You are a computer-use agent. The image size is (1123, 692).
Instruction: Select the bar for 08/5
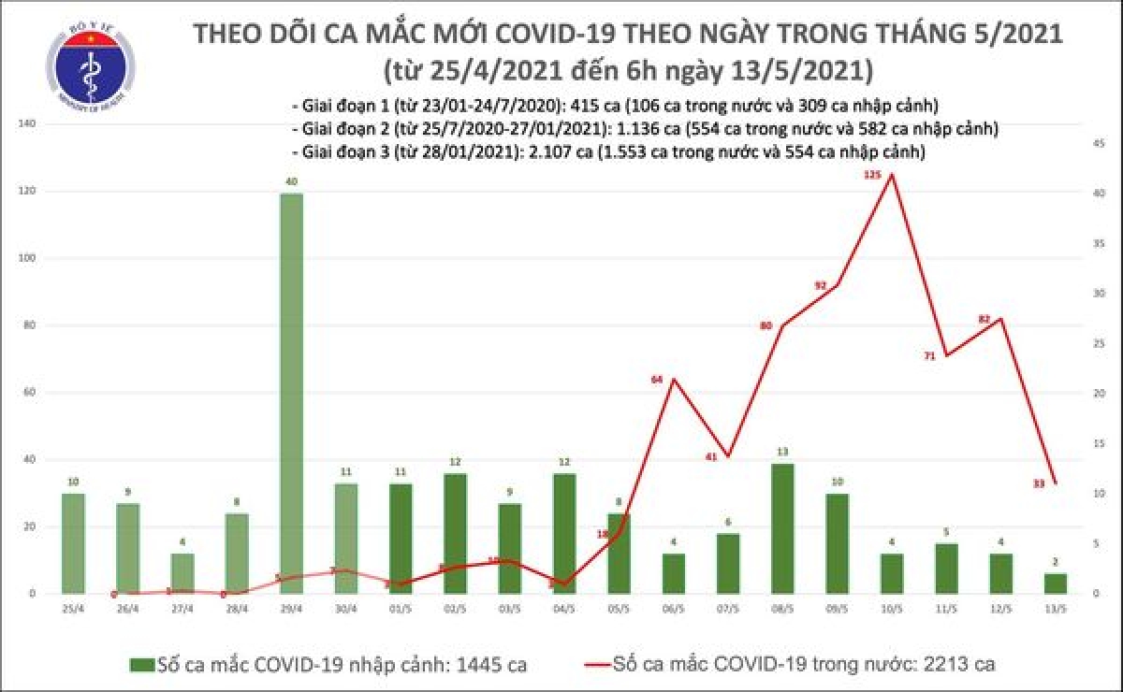coord(784,529)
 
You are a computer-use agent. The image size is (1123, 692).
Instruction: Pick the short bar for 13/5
coord(1055,584)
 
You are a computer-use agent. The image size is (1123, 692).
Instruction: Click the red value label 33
coord(1039,483)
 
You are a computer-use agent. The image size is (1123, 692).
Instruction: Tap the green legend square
coord(141,665)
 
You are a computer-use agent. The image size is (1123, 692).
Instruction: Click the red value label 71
coord(930,356)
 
